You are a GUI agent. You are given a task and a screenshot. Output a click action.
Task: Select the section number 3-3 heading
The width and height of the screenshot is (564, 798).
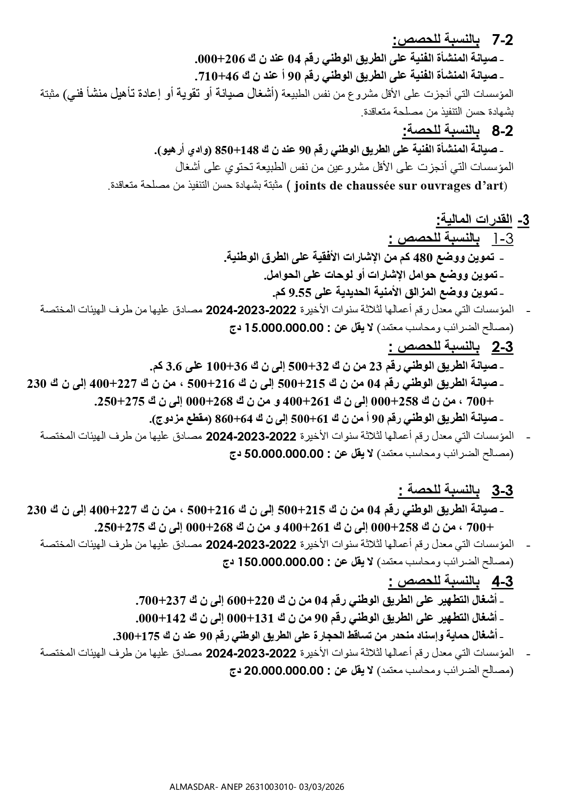pos(502,491)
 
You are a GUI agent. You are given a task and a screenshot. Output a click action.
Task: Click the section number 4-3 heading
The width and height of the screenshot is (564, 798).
pos(502,582)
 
